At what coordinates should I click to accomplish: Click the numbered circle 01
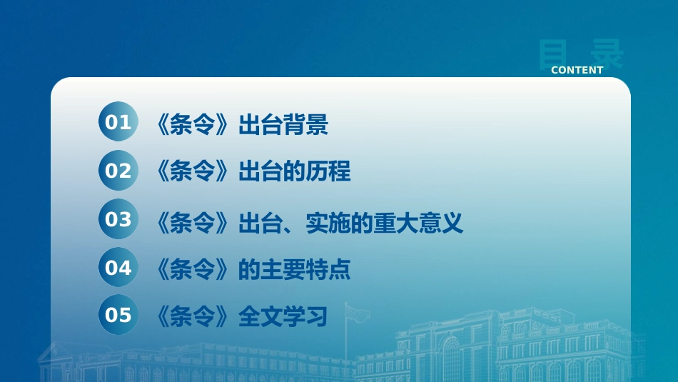point(118,121)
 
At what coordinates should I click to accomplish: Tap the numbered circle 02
point(118,171)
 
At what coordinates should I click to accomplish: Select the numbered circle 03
point(118,219)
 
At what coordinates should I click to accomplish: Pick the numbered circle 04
point(118,267)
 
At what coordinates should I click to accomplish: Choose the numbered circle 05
point(118,314)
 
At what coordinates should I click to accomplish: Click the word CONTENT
point(577,70)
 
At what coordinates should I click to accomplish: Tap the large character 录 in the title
point(607,54)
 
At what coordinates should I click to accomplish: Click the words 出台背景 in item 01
point(283,124)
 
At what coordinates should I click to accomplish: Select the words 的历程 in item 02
point(317,171)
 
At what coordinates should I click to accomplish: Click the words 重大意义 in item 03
point(418,223)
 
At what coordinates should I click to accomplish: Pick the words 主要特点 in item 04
point(305,269)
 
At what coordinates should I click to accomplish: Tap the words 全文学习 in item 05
point(283,317)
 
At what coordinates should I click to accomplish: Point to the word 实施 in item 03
point(328,223)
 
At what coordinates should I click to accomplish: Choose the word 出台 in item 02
point(260,171)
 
